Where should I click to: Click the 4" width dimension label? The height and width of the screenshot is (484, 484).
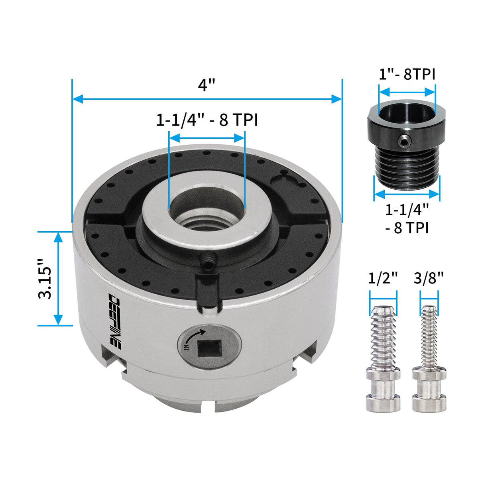coord(207,85)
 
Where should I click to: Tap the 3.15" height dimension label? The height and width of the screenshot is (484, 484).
coord(45,279)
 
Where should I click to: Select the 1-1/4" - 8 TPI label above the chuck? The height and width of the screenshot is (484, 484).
coord(207,120)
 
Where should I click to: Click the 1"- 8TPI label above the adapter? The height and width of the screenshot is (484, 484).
coord(407,74)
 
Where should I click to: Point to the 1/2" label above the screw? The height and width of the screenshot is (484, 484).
coord(383,278)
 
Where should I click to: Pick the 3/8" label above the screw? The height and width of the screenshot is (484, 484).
coord(429,278)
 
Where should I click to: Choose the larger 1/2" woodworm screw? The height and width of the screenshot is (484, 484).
coord(383,359)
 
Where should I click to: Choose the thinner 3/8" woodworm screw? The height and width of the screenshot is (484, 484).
coord(429,359)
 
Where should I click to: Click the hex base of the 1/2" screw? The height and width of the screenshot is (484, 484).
coord(383,375)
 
